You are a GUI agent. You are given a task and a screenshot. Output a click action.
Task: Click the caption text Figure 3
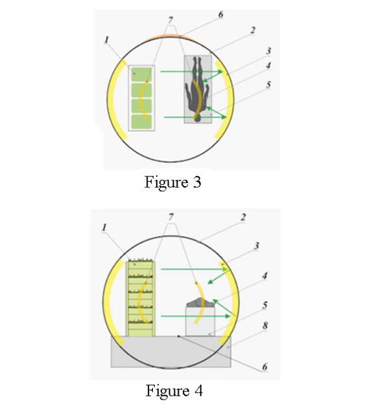click(x=173, y=182)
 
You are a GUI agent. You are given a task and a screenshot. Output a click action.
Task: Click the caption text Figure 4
click(x=174, y=391)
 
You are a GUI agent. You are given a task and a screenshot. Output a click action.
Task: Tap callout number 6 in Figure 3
click(x=221, y=14)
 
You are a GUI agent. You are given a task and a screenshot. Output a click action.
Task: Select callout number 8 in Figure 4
click(x=265, y=325)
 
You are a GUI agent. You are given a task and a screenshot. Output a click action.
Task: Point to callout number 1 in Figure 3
click(x=106, y=40)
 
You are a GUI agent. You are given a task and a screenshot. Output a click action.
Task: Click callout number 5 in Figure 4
click(x=265, y=305)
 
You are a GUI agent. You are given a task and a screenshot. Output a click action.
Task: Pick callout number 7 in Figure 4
click(x=171, y=217)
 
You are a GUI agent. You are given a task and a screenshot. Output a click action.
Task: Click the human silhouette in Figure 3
click(x=197, y=88)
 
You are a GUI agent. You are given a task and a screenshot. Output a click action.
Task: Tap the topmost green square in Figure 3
click(x=142, y=75)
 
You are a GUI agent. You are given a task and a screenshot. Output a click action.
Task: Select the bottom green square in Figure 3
click(x=142, y=122)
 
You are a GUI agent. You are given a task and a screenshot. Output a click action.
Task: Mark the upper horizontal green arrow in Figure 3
click(x=192, y=71)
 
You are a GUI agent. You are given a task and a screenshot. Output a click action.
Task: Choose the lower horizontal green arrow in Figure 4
click(x=196, y=316)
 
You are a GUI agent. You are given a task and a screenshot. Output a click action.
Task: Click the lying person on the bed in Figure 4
click(x=200, y=302)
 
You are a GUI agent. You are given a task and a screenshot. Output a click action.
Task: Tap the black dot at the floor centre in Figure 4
click(x=179, y=336)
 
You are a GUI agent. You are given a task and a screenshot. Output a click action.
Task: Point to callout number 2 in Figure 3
click(x=253, y=30)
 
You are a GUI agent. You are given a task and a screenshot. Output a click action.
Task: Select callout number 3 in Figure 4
click(x=256, y=246)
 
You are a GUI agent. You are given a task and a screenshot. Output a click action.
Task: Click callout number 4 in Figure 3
click(x=268, y=66)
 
